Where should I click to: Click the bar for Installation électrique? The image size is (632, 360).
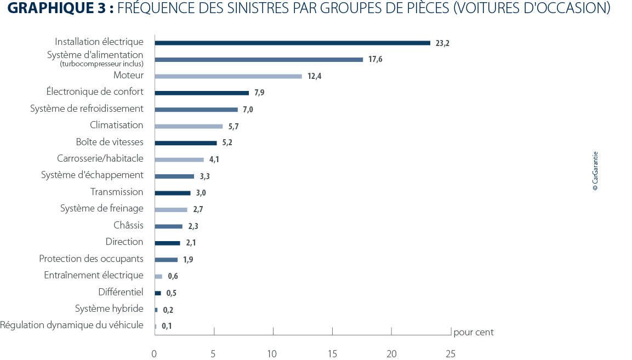coord(292,43)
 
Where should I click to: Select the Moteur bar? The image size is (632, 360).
coord(228,76)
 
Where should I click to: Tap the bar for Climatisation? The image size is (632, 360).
coord(189,126)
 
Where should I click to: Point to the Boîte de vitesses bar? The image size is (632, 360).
coord(186,143)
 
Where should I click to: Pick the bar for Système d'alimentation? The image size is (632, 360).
coord(259,59)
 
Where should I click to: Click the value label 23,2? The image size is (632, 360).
coord(442,43)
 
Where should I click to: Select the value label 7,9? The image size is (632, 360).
coord(259,93)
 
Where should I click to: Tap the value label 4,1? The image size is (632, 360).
coord(214,160)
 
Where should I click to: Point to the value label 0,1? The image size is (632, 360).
coord(167,327)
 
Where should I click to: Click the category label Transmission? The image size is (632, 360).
coord(117,192)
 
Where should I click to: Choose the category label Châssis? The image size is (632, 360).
coord(128,225)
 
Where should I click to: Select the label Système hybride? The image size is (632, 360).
coord(109,308)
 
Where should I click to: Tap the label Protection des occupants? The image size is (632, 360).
coord(91,259)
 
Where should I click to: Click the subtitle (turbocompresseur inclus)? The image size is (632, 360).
coord(101,64)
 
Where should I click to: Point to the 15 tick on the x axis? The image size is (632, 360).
coord(332,354)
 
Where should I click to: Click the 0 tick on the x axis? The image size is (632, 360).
coord(154,354)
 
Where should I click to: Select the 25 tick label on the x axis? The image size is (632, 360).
coord(450,354)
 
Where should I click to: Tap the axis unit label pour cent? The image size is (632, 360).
coord(474,332)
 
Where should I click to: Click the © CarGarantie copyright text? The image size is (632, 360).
coord(595,171)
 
